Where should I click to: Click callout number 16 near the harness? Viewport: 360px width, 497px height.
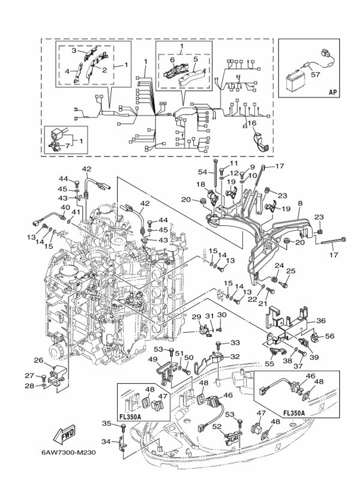point(252,123)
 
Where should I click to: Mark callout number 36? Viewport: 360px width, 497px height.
point(320,321)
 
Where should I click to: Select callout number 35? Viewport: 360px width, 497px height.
point(107,423)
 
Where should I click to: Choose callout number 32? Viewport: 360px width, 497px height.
point(235,356)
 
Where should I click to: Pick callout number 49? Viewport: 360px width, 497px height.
point(152,360)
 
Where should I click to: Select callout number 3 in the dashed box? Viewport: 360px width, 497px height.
point(75,52)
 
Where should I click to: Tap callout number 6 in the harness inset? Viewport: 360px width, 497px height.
point(172,60)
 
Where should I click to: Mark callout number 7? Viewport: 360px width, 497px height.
point(68,145)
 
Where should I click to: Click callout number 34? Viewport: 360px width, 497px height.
point(107,442)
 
